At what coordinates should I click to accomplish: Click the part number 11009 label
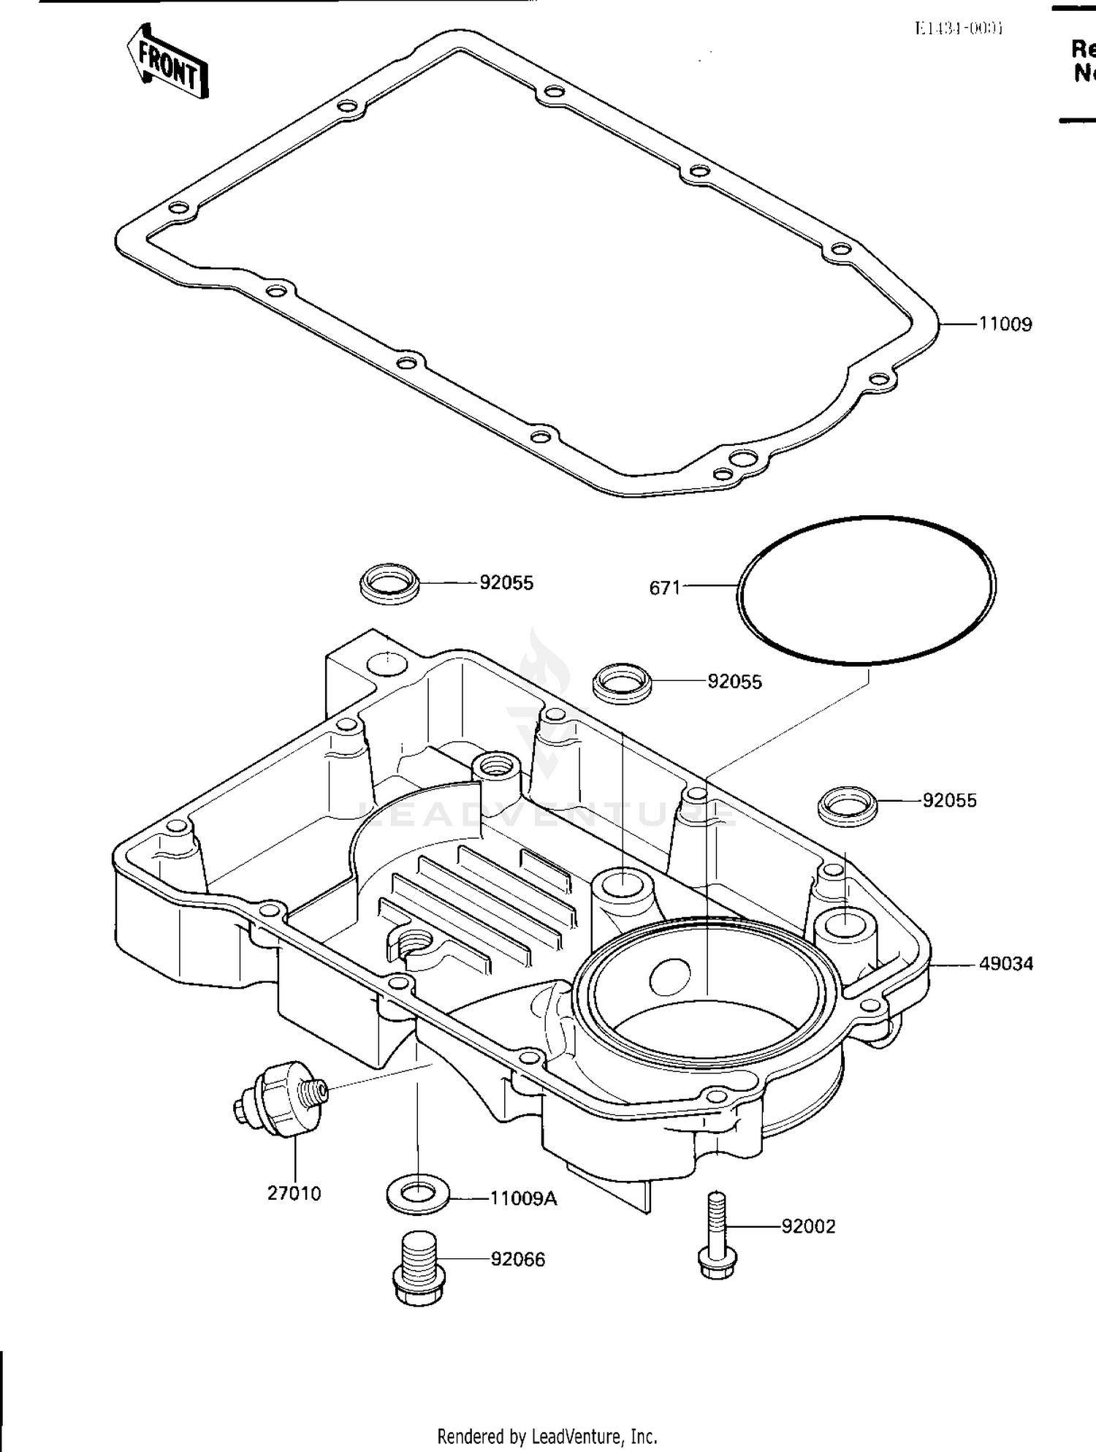tap(1005, 324)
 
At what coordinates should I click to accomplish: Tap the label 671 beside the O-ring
tap(665, 588)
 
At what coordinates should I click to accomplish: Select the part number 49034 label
tap(1006, 964)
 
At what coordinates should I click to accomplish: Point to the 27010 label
tap(294, 1193)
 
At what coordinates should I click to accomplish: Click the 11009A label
tap(523, 1198)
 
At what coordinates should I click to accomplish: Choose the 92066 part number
tap(517, 1259)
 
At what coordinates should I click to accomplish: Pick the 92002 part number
tap(808, 1226)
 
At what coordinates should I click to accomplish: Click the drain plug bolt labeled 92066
tap(419, 1269)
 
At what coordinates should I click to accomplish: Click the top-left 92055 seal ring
tap(390, 583)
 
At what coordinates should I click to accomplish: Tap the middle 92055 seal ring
tap(621, 683)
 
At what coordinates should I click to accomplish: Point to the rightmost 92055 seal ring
tap(846, 805)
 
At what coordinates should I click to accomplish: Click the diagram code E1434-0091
tap(959, 28)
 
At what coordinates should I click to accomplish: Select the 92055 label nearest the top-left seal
tap(506, 583)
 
